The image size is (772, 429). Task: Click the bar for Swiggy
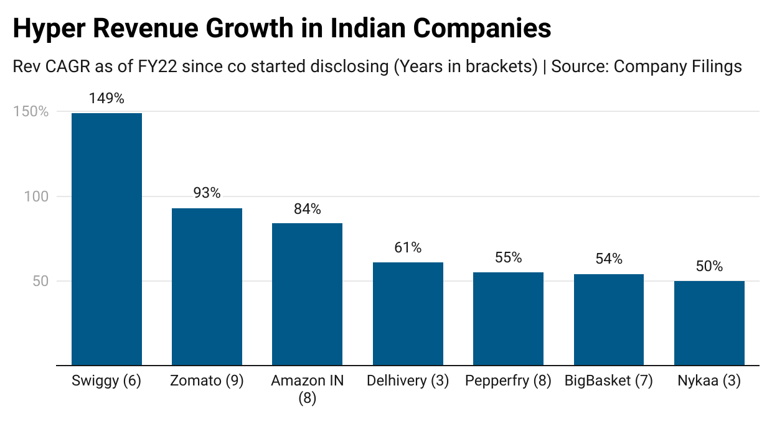tap(106, 239)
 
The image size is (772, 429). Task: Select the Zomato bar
tap(207, 287)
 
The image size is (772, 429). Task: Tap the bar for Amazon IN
tap(307, 294)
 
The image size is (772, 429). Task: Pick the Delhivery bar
tap(408, 314)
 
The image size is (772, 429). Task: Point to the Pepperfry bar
tap(508, 319)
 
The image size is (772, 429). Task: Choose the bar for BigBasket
tap(608, 320)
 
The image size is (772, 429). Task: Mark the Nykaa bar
tap(709, 323)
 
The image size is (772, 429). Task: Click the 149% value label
tap(106, 98)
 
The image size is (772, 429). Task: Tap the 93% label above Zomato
tap(207, 193)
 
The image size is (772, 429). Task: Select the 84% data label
tap(307, 210)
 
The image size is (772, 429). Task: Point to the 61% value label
tap(408, 248)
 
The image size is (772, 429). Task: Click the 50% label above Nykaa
tap(709, 267)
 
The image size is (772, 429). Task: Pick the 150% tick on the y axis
tap(31, 112)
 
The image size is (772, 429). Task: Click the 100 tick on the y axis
tap(37, 196)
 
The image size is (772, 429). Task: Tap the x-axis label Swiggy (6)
tap(106, 381)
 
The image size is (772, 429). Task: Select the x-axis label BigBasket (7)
tap(608, 381)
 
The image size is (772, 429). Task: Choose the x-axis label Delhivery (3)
tap(408, 381)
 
